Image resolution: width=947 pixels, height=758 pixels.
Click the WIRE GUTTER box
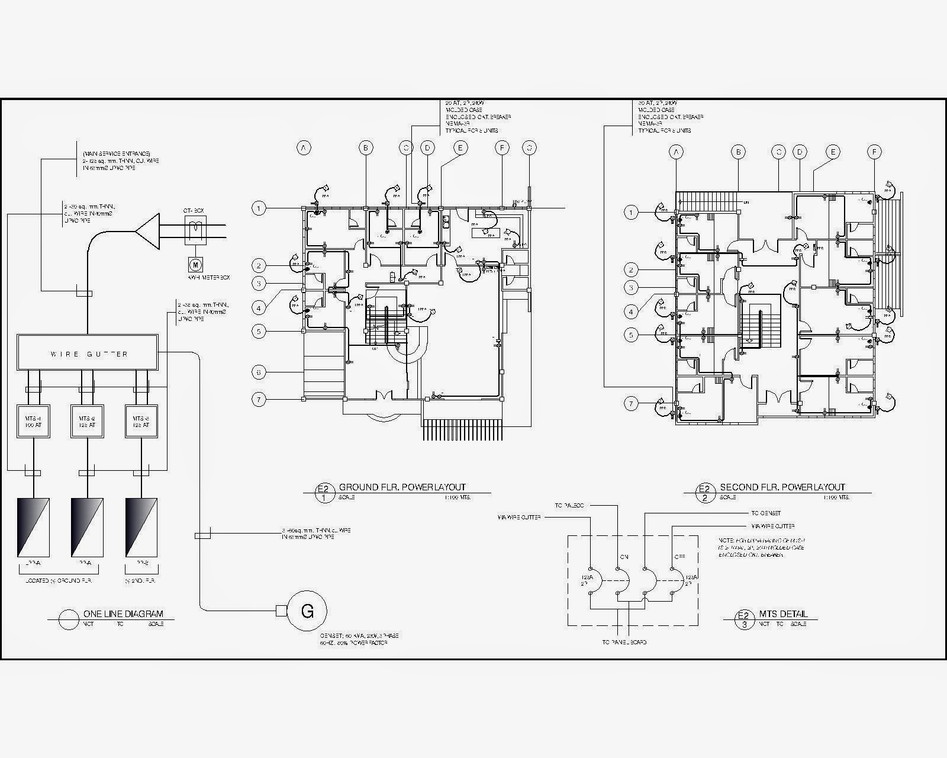pyautogui.click(x=88, y=354)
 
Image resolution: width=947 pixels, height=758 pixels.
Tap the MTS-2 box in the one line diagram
pyautogui.click(x=87, y=421)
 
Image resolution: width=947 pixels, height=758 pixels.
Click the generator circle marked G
pyautogui.click(x=307, y=611)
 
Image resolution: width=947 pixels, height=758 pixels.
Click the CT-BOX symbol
pyautogui.click(x=196, y=230)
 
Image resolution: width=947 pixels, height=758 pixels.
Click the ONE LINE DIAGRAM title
pyautogui.click(x=123, y=614)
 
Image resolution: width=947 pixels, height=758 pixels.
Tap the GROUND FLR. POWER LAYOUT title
pyautogui.click(x=410, y=487)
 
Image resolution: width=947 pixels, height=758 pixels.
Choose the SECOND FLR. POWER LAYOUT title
pyautogui.click(x=782, y=487)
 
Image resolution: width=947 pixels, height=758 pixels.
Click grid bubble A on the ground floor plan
pyautogui.click(x=304, y=148)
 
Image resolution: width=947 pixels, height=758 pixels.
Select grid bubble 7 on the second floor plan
pyautogui.click(x=632, y=404)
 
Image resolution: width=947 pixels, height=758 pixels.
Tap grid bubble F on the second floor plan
pyautogui.click(x=874, y=152)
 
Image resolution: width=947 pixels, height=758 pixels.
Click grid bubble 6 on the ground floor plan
pyautogui.click(x=259, y=372)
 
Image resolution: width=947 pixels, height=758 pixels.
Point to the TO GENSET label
pyautogui.click(x=766, y=513)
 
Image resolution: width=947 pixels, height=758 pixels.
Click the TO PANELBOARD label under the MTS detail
pyautogui.click(x=624, y=642)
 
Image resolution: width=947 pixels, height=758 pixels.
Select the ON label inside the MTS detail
pyautogui.click(x=623, y=557)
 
